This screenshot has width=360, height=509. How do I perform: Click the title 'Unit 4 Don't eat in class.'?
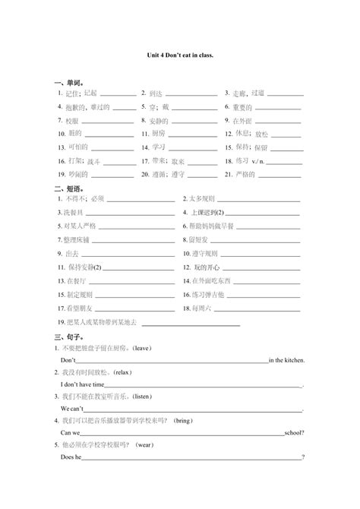pyautogui.click(x=180, y=55)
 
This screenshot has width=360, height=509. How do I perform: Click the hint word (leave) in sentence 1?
pyautogui.click(x=141, y=348)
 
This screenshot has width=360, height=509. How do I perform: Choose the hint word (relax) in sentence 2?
pyautogui.click(x=122, y=372)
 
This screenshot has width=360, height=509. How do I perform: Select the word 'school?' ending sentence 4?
pyautogui.click(x=293, y=432)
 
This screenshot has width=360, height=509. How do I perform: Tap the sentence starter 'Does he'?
pyautogui.click(x=71, y=457)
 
